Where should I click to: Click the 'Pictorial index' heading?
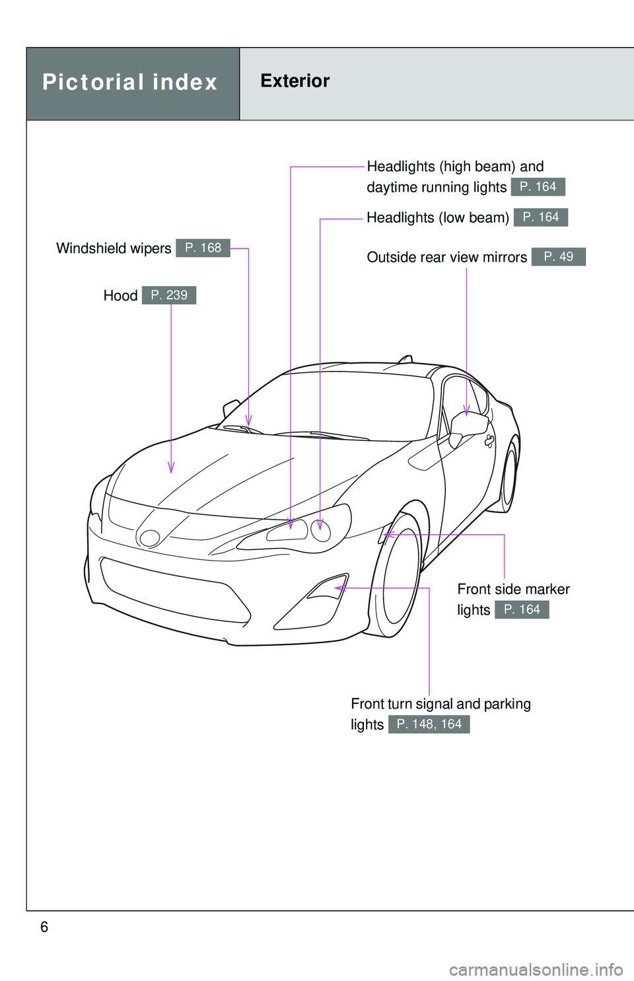(x=130, y=83)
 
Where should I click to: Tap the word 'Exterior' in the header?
(x=295, y=81)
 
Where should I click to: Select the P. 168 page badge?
(x=203, y=248)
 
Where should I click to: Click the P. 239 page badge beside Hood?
(x=169, y=295)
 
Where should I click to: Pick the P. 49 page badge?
(x=558, y=256)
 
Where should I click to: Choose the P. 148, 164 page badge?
(x=429, y=725)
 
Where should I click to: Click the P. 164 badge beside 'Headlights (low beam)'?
(x=540, y=217)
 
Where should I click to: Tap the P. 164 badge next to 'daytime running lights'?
(x=538, y=187)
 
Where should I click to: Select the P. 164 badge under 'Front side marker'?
(x=522, y=609)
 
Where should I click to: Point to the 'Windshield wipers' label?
(x=114, y=249)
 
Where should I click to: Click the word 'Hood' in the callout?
(x=120, y=295)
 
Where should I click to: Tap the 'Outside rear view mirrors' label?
(x=446, y=257)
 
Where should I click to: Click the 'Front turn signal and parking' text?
(x=440, y=704)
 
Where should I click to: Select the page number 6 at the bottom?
(x=44, y=927)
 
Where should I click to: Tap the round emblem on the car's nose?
(x=150, y=538)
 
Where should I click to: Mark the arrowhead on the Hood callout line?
(x=171, y=467)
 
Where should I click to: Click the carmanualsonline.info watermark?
(x=536, y=970)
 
